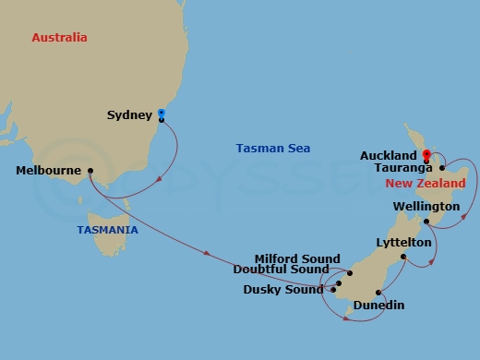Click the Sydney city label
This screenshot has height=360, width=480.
129,115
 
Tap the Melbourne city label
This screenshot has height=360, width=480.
48,171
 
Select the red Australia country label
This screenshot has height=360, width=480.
59,38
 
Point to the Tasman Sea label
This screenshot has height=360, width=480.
273,148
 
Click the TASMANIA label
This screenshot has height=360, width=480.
108,229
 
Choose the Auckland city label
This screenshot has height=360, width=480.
389,156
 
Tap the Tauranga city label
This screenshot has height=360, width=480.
405,169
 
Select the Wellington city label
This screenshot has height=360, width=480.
426,206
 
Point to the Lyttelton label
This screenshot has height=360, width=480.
403,242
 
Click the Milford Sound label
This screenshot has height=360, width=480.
297,259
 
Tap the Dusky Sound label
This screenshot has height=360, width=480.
283,289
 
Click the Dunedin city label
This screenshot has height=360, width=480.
378,305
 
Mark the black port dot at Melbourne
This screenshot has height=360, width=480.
90,171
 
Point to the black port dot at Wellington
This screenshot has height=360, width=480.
426,222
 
